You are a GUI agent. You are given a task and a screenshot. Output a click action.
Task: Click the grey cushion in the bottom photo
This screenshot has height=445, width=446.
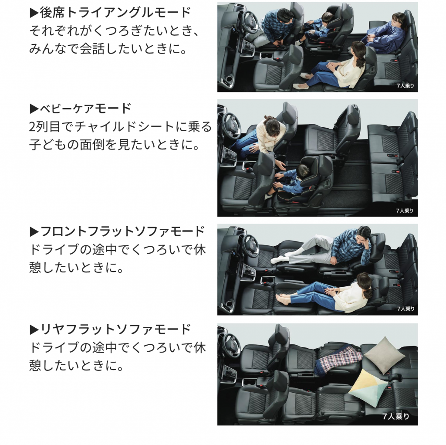384,355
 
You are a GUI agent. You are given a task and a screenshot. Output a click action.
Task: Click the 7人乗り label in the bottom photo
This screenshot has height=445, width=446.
395,416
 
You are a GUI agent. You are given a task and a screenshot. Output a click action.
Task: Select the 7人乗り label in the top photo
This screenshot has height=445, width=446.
405,85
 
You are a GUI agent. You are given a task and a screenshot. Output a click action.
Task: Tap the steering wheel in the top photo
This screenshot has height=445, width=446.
251,21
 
